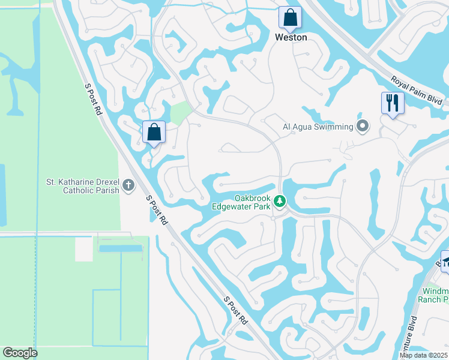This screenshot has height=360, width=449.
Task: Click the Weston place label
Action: pos(291,37)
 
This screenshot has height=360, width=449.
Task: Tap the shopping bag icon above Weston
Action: pos(290,18)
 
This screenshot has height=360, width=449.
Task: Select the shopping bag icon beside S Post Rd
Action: pos(154,132)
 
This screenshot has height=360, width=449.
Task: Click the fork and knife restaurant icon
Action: pos(393,103)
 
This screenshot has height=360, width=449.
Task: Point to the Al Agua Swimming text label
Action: pos(318,127)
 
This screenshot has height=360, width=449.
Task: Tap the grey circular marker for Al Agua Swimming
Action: pos(362,126)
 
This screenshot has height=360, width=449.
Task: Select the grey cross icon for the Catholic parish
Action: pos(128,186)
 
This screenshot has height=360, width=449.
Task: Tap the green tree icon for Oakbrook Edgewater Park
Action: pos(279,201)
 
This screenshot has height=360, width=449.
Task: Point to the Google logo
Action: pos(20,353)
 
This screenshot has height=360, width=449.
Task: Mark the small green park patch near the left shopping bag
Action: pos(180,112)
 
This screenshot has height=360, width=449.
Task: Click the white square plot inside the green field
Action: pos(83,248)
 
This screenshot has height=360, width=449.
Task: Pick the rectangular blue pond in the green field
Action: pos(120,248)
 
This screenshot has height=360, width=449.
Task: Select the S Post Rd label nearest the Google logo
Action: pos(235,310)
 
